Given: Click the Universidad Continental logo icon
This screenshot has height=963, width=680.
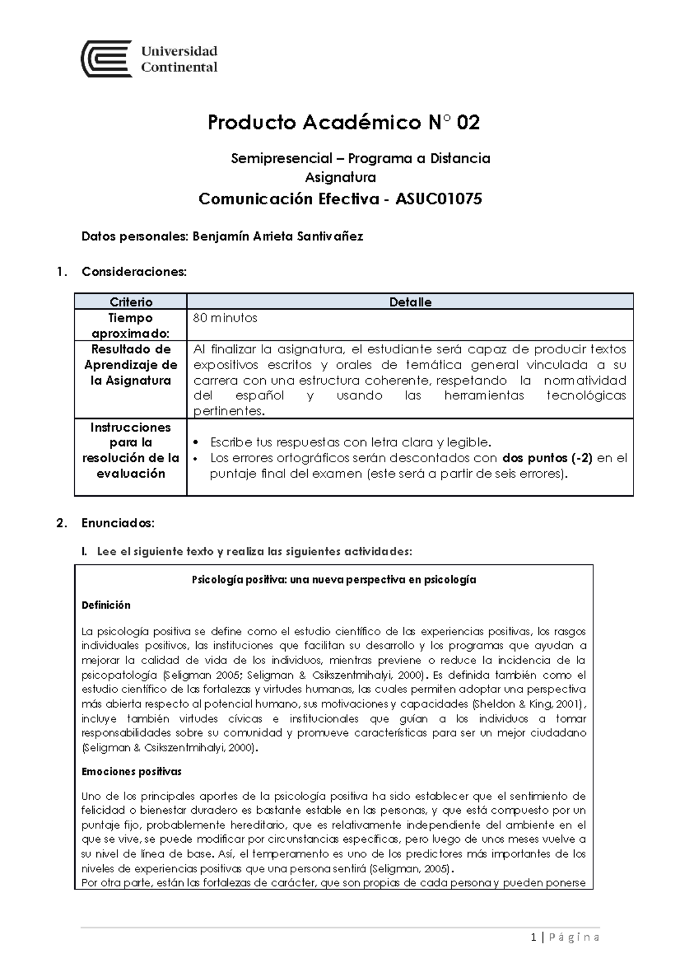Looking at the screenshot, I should pyautogui.click(x=107, y=58).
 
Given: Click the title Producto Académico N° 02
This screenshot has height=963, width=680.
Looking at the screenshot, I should pyautogui.click(x=343, y=123).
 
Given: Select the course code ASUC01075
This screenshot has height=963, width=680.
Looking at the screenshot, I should pyautogui.click(x=439, y=199).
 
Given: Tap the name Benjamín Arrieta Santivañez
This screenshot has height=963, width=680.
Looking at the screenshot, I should pyautogui.click(x=278, y=237).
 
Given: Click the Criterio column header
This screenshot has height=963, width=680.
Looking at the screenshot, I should pyautogui.click(x=131, y=302).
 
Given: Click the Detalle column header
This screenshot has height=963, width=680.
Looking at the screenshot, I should pyautogui.click(x=410, y=302).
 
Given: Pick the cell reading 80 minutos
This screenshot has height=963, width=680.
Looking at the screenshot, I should pyautogui.click(x=225, y=318).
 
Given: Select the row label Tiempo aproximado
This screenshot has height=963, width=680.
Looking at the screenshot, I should pyautogui.click(x=130, y=326).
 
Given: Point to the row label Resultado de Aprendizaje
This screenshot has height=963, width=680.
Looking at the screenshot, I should pyautogui.click(x=131, y=365).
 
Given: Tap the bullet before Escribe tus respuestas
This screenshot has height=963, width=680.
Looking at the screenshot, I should pyautogui.click(x=196, y=443).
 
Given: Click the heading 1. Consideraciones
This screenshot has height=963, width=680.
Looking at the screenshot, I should pyautogui.click(x=133, y=272).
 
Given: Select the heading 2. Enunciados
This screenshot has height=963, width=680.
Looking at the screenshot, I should pyautogui.click(x=117, y=523).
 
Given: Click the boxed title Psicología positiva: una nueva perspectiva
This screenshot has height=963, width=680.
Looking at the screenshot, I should pyautogui.click(x=334, y=580).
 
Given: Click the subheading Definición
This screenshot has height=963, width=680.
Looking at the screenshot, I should pyautogui.click(x=106, y=605).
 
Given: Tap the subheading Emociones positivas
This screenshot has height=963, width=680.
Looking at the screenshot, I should pyautogui.click(x=131, y=771).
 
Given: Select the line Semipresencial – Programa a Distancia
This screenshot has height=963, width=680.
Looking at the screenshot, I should pyautogui.click(x=360, y=159).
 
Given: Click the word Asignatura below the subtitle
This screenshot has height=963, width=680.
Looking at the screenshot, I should pyautogui.click(x=340, y=178).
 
